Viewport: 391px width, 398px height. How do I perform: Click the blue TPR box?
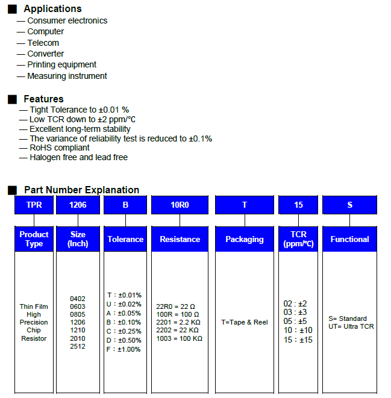34,205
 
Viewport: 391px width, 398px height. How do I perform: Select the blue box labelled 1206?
78,205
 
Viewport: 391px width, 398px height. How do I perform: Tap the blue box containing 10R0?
180,205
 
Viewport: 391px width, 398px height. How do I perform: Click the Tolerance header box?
125,239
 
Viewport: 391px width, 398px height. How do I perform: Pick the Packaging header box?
244,239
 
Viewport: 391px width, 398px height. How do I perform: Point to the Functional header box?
349,239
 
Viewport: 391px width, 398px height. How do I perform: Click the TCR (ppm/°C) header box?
298,239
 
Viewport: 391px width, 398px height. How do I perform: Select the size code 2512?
78,346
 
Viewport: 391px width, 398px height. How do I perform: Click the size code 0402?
78,299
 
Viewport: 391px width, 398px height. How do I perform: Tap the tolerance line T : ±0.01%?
124,295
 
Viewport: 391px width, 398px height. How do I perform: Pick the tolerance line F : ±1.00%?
124,349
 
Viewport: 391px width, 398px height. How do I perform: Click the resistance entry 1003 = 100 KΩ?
179,338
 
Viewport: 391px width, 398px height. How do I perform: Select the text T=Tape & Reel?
244,322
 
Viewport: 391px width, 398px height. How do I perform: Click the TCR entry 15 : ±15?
298,340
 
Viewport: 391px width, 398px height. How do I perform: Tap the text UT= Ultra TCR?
351,326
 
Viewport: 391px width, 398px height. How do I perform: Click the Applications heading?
52,9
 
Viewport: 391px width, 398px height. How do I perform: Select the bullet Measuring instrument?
67,76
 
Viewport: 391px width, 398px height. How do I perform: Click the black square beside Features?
12,99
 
